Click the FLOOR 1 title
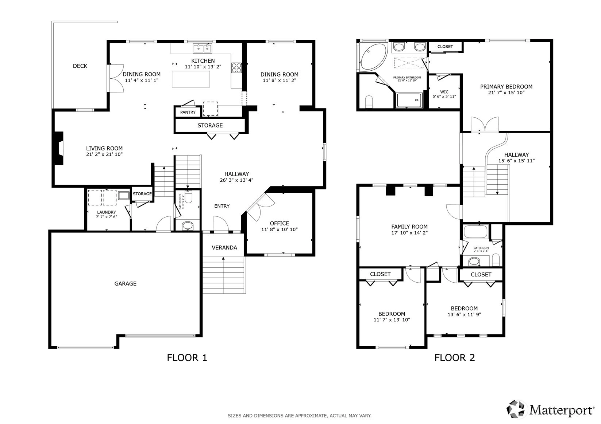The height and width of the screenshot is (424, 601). click(x=187, y=358)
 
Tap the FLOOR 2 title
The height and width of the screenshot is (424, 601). click(x=455, y=358)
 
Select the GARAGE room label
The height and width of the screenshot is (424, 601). click(x=125, y=283)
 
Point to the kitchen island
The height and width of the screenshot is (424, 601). click(x=191, y=79)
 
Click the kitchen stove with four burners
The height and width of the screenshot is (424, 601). click(x=236, y=67)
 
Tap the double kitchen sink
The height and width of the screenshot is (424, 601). click(x=202, y=48)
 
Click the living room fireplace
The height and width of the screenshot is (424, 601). click(x=59, y=148)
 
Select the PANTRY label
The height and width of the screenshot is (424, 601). click(x=188, y=112)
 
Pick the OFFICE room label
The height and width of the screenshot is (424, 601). click(x=279, y=223)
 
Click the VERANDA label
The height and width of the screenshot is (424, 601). click(x=224, y=248)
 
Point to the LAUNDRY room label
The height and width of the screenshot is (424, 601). click(x=106, y=212)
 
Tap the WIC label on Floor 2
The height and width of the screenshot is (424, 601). click(x=444, y=92)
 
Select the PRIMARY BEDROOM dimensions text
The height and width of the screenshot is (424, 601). click(x=506, y=93)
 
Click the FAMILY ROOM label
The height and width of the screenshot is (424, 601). click(x=409, y=227)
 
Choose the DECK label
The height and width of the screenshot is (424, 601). click(x=80, y=66)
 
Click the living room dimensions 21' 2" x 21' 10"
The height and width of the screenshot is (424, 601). click(x=104, y=154)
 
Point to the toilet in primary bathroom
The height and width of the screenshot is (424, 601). click(x=369, y=102)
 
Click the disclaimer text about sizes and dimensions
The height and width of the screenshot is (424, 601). click(x=300, y=416)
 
